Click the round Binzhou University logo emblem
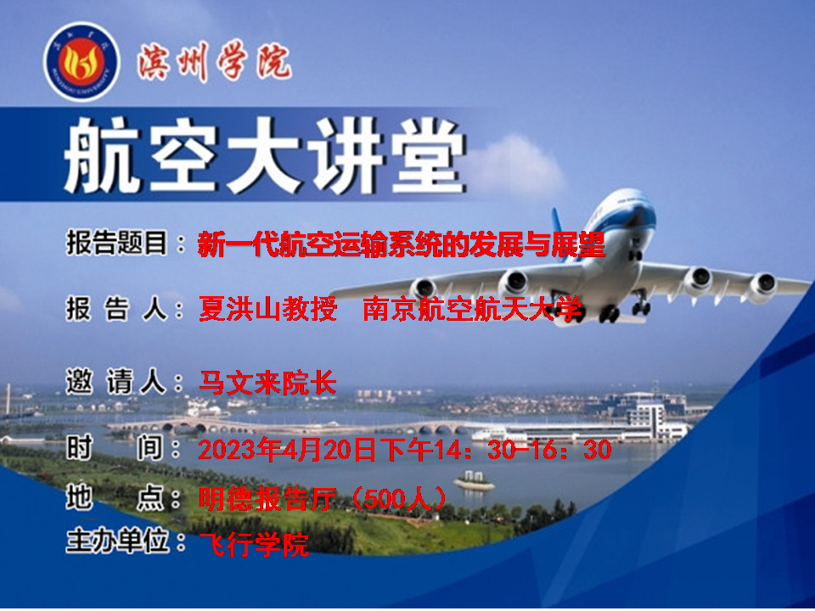[81, 61]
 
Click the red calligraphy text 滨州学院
[215, 61]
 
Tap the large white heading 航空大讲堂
[263, 154]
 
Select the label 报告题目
[116, 243]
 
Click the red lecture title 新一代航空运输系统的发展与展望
[402, 244]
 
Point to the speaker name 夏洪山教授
[267, 309]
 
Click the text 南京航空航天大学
[472, 309]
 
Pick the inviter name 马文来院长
[267, 383]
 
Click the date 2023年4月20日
[286, 450]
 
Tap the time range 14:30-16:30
[522, 450]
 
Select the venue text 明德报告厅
[267, 499]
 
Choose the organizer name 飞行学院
[254, 545]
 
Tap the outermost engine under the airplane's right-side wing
[762, 286]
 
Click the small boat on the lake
[474, 482]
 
